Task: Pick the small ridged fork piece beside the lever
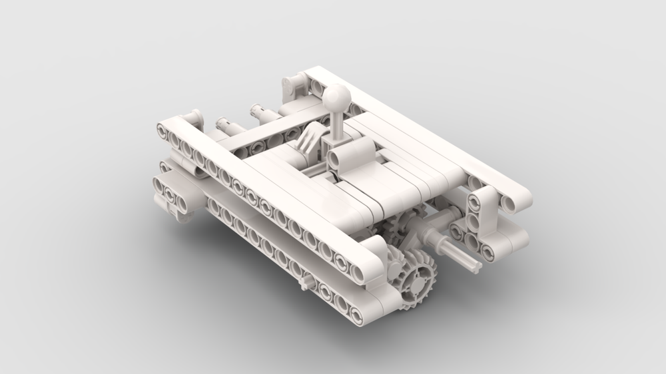tap(308, 144)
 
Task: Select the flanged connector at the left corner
tap(191, 118)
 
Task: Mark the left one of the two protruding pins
tap(224, 124)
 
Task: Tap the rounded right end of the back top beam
tap(522, 195)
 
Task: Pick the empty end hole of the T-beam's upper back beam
tap(474, 182)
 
